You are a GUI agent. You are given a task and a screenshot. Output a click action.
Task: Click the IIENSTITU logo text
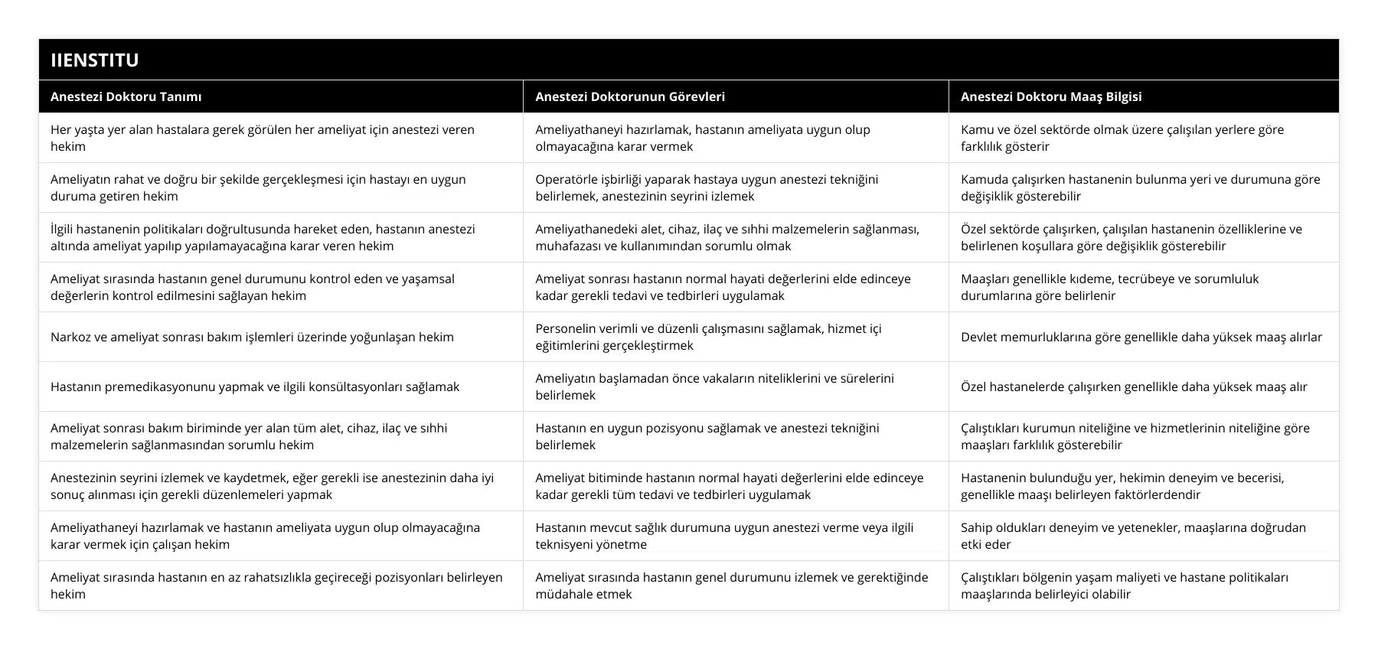click(x=95, y=60)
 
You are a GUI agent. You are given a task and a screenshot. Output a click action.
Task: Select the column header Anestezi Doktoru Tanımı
click(x=126, y=96)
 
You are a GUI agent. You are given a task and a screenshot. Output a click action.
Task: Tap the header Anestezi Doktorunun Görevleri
click(x=630, y=96)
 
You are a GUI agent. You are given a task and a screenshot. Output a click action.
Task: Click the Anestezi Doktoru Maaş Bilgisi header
click(x=1051, y=96)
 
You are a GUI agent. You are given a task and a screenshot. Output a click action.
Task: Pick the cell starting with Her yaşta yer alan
click(x=263, y=138)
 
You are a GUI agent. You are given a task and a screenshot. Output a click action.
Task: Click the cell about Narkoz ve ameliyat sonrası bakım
click(x=252, y=337)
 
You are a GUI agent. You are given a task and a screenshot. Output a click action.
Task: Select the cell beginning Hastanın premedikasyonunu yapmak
click(x=255, y=386)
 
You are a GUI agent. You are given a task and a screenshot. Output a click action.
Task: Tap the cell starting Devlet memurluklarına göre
click(x=1141, y=337)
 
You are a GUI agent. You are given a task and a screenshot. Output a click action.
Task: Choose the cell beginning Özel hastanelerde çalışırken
click(x=1134, y=386)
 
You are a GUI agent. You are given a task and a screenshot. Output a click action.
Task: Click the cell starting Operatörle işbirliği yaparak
click(x=707, y=188)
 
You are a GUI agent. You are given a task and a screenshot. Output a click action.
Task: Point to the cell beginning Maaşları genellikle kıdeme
click(x=1109, y=287)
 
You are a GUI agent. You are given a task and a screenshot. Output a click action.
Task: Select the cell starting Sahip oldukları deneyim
click(x=1133, y=536)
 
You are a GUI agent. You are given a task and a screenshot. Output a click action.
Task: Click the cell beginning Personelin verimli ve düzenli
click(x=708, y=337)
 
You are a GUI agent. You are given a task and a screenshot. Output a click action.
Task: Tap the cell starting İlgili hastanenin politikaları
click(x=263, y=237)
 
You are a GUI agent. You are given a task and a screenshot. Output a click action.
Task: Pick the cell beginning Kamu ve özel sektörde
click(x=1122, y=138)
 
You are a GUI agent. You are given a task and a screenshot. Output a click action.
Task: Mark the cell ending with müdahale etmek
click(x=731, y=585)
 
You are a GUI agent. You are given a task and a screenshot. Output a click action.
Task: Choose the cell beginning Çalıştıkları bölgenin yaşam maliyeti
click(x=1125, y=585)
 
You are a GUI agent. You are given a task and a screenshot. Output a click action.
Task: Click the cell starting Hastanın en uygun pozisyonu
click(x=707, y=436)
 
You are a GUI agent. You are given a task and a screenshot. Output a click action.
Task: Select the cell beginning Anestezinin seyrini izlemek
click(x=272, y=486)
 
